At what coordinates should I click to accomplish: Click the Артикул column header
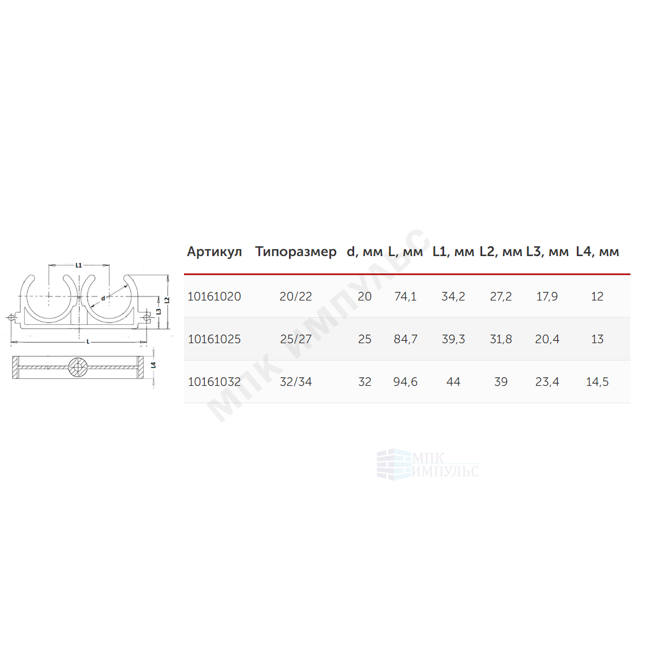coord(214,251)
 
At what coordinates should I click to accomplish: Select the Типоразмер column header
coord(295,251)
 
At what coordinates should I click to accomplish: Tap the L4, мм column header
coord(598,251)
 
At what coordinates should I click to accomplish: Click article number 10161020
coord(214,296)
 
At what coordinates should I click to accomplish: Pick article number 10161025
coord(214,339)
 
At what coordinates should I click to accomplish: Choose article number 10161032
coord(214,382)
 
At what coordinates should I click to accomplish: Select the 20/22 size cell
coord(296,296)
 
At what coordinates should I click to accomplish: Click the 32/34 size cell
coord(296,382)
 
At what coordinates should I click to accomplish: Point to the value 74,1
coord(405,296)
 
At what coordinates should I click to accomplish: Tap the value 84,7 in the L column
coord(405,339)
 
